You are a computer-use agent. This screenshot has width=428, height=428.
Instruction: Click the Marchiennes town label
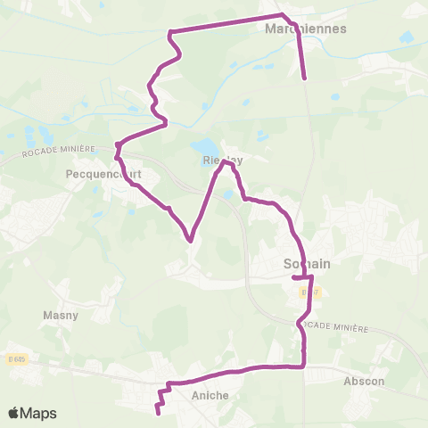306,28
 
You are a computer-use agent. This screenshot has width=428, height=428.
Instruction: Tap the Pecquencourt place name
99,176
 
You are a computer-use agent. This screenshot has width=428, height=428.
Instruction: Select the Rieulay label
223,160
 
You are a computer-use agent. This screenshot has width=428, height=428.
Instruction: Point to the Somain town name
306,264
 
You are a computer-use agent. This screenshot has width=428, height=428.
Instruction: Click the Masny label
61,315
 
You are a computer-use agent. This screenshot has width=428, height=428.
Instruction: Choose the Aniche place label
210,395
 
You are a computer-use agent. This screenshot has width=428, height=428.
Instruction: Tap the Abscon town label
364,381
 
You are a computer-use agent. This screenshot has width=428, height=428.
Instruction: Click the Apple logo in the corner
14,413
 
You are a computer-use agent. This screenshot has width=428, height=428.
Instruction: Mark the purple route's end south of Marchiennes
305,78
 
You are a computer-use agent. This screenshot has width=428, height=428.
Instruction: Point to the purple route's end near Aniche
158,412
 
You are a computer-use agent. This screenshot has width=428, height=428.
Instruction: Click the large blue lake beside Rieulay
204,145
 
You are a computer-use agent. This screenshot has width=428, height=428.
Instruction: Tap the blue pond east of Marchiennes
407,38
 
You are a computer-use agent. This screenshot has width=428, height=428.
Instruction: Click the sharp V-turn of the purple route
190,239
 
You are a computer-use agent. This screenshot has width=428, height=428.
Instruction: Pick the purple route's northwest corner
169,34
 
